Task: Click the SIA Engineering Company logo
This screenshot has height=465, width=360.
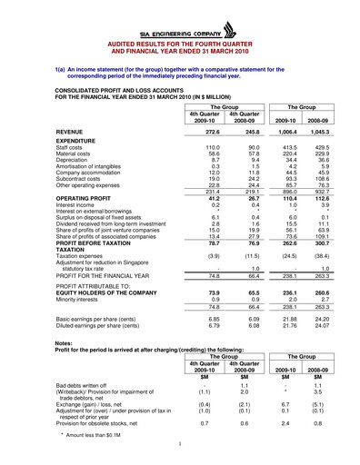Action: pos(179,31)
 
